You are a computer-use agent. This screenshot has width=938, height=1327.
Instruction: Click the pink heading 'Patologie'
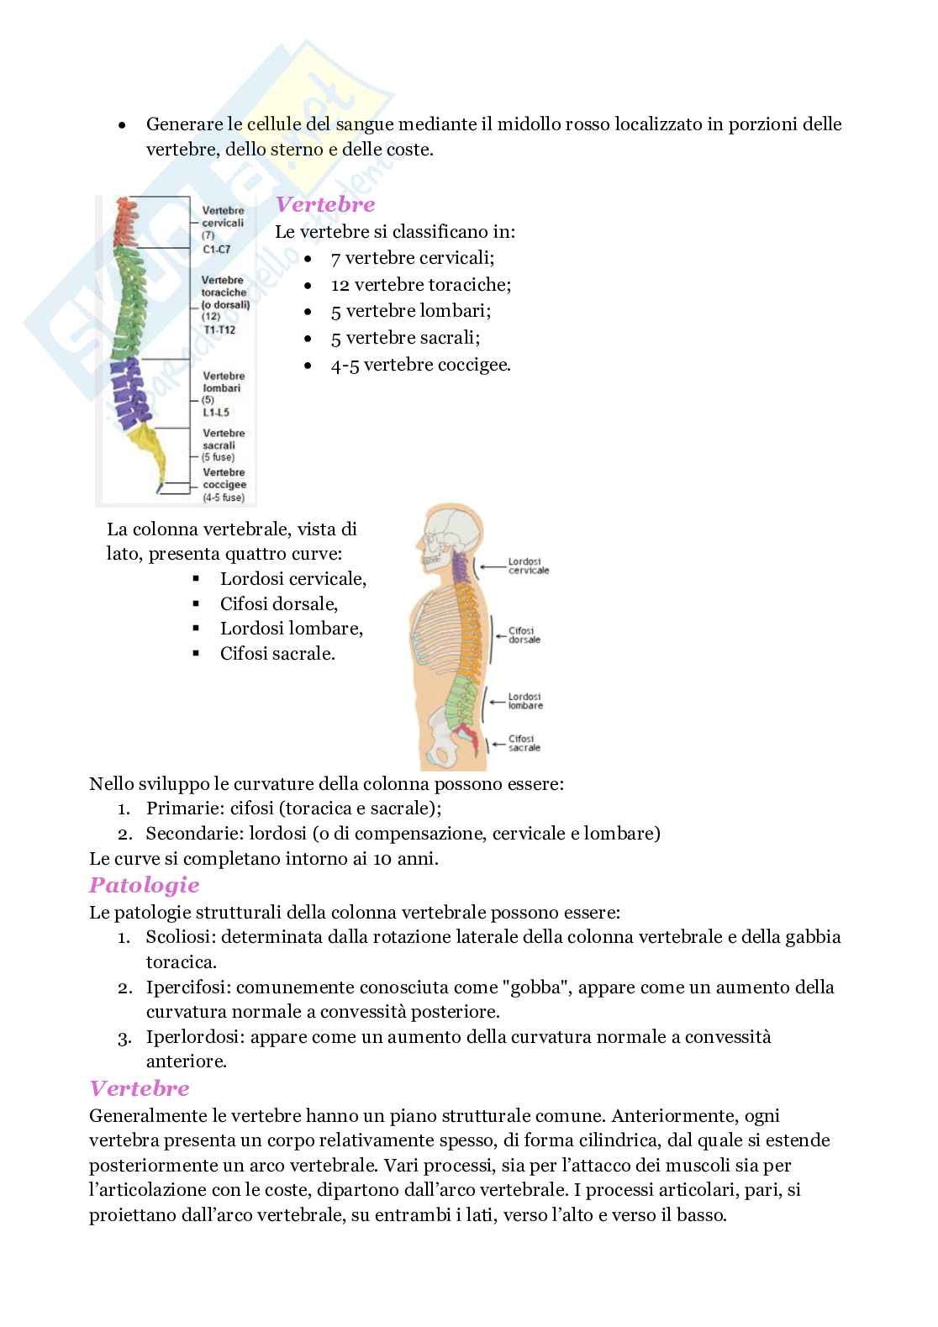coord(144,885)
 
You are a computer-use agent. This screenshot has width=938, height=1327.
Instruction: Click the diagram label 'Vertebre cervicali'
coord(223,218)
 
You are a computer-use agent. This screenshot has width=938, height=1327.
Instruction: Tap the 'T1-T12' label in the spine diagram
coord(218,329)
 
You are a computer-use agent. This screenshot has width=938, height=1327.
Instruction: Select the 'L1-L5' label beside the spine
coord(216,412)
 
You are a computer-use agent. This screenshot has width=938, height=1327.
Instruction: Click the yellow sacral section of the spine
coord(151,450)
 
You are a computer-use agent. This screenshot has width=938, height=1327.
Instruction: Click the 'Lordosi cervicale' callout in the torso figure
coord(528,566)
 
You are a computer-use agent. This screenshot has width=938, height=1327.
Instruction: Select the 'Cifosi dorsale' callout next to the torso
coord(524,635)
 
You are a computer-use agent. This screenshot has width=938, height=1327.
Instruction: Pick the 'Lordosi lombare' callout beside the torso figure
coord(525,701)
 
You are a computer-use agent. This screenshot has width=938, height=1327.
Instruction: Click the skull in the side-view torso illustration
coord(450,538)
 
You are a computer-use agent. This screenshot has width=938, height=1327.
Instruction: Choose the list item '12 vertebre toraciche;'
coord(421,284)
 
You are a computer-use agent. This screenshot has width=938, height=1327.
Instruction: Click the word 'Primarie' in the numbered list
coord(178,808)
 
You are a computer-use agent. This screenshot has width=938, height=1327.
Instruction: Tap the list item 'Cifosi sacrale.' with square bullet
coord(277,653)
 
